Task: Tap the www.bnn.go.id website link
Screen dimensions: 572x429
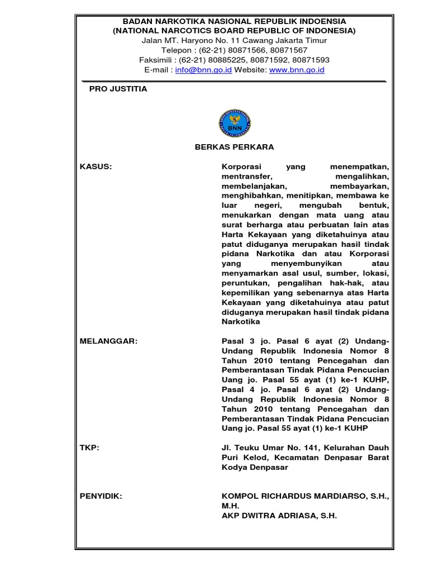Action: [297, 70]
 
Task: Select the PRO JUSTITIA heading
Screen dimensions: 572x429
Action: [118, 89]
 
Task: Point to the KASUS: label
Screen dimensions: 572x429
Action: [96, 166]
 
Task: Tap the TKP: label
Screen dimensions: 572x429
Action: [90, 448]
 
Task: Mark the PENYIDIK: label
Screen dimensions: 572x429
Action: [101, 495]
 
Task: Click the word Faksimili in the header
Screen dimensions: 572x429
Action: [158, 60]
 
